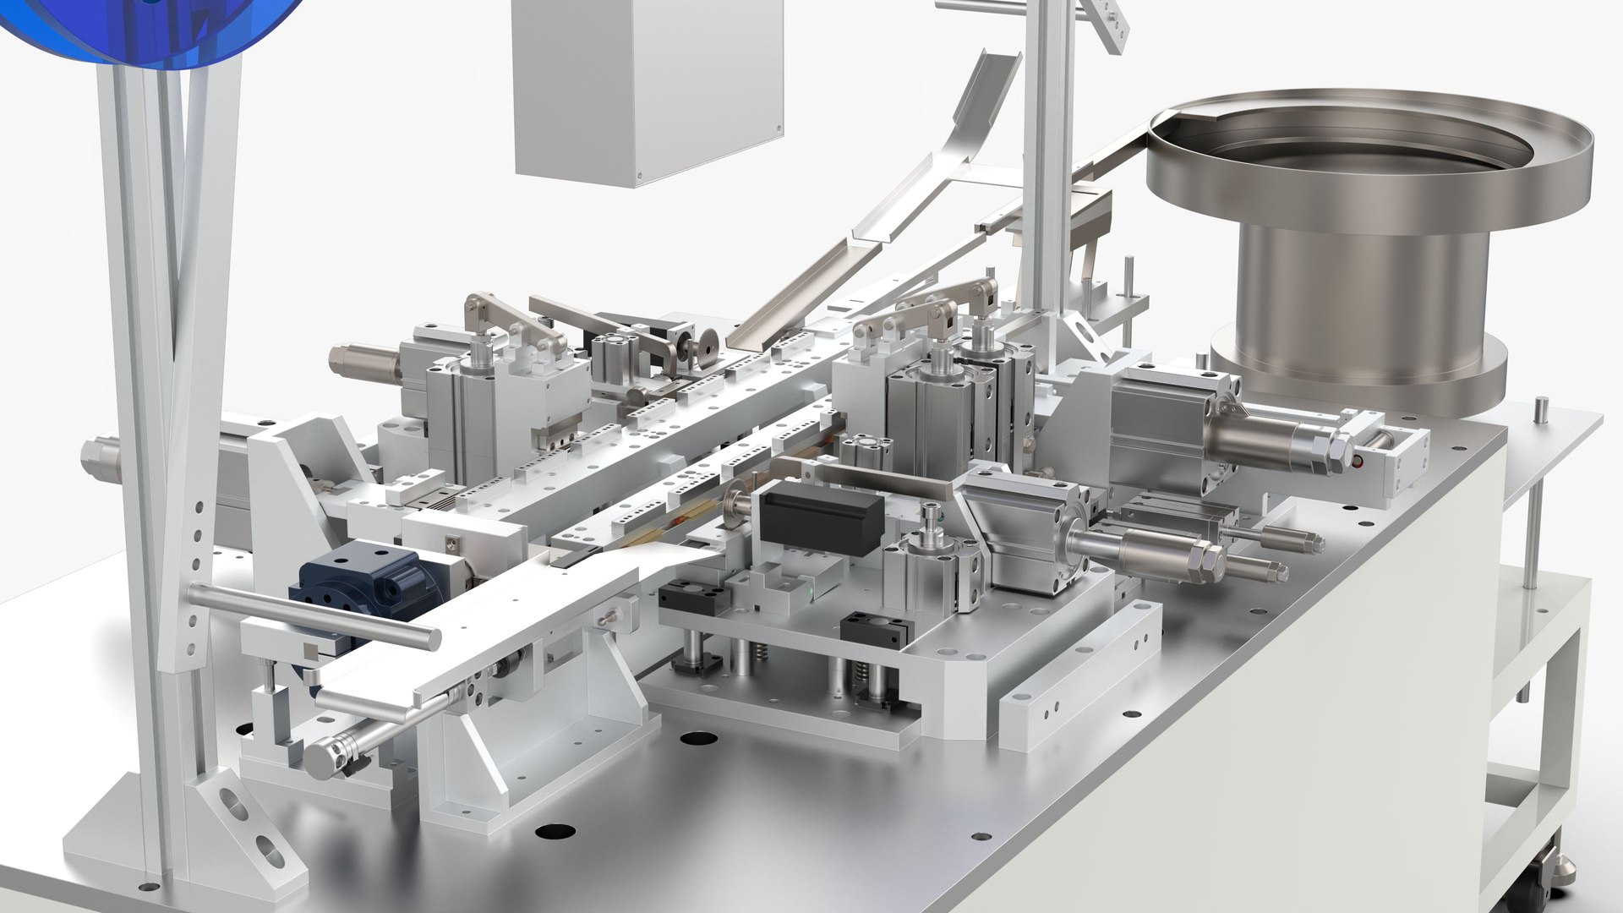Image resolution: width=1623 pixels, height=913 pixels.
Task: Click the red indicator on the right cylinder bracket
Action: [1358, 462]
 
